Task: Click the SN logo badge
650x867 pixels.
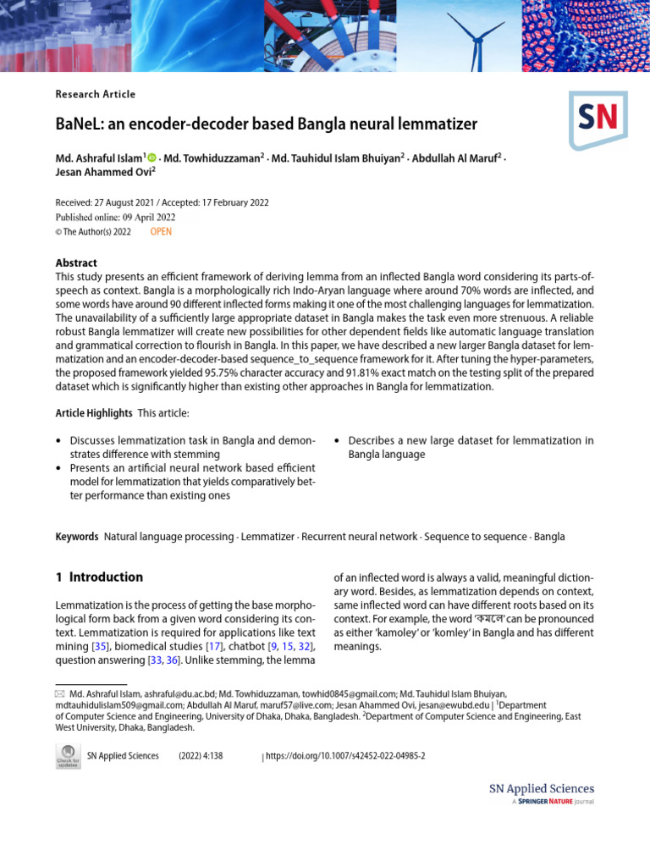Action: pyautogui.click(x=598, y=120)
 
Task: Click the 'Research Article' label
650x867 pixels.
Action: pyautogui.click(x=96, y=94)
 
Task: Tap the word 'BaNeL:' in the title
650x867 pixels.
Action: pyautogui.click(x=80, y=124)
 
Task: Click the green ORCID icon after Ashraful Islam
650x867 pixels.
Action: pyautogui.click(x=153, y=157)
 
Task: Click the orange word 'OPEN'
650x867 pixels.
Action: pyautogui.click(x=161, y=231)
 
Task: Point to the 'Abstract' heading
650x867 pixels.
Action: pyautogui.click(x=76, y=262)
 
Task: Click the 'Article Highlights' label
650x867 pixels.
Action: pyautogui.click(x=94, y=413)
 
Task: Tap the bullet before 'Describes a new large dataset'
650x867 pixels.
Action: pyautogui.click(x=338, y=441)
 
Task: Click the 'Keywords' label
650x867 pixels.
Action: pyautogui.click(x=77, y=537)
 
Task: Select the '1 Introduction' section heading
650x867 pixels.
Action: pyautogui.click(x=99, y=577)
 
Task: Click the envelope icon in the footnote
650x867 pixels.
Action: pyautogui.click(x=59, y=693)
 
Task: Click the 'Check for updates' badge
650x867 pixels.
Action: pyautogui.click(x=68, y=756)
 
